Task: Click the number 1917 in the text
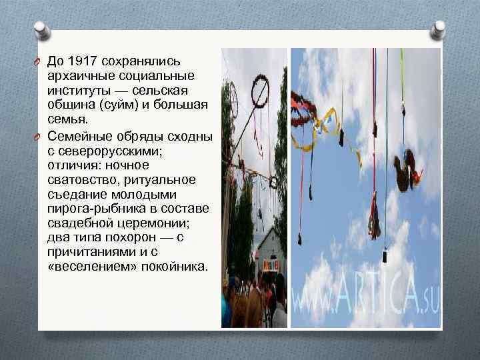[85, 61]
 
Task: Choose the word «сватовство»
[79, 179]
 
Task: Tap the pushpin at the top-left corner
[41, 29]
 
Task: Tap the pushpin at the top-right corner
[438, 29]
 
